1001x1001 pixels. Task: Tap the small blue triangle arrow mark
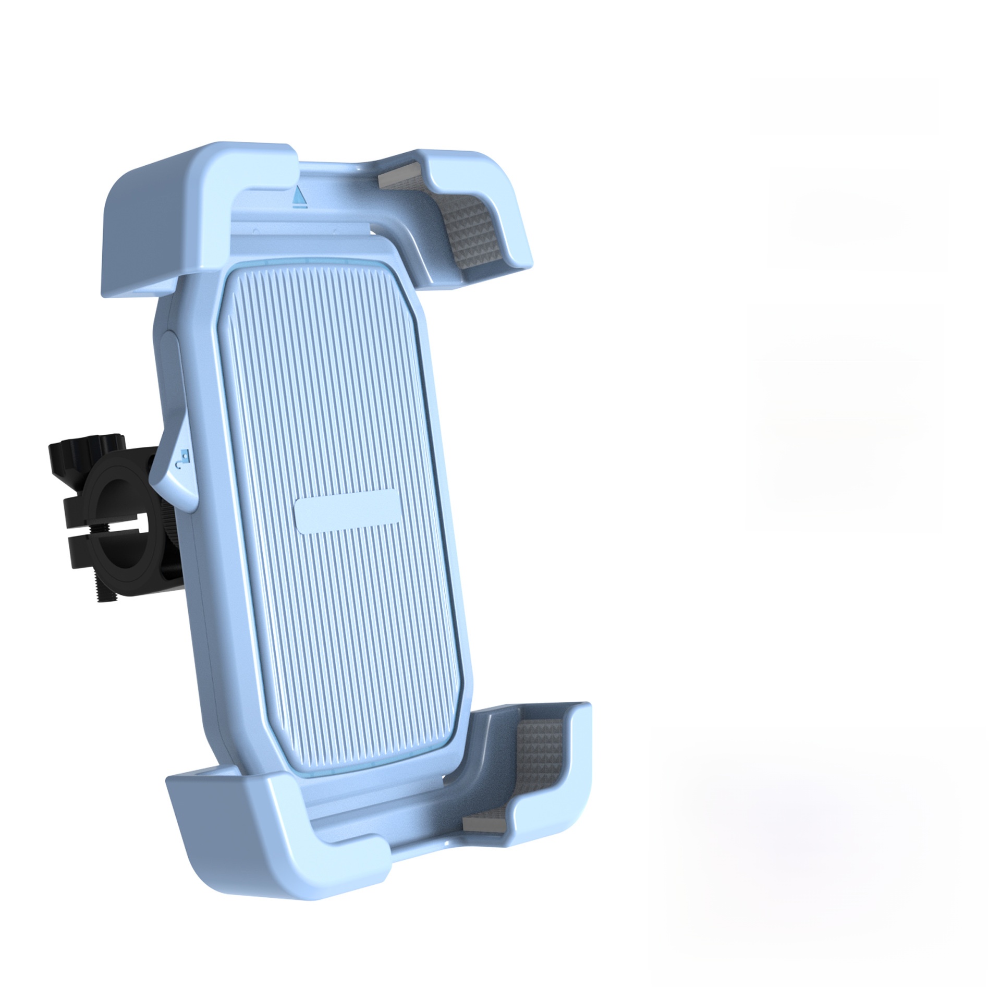tap(299, 196)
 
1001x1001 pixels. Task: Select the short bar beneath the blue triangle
tap(299, 207)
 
